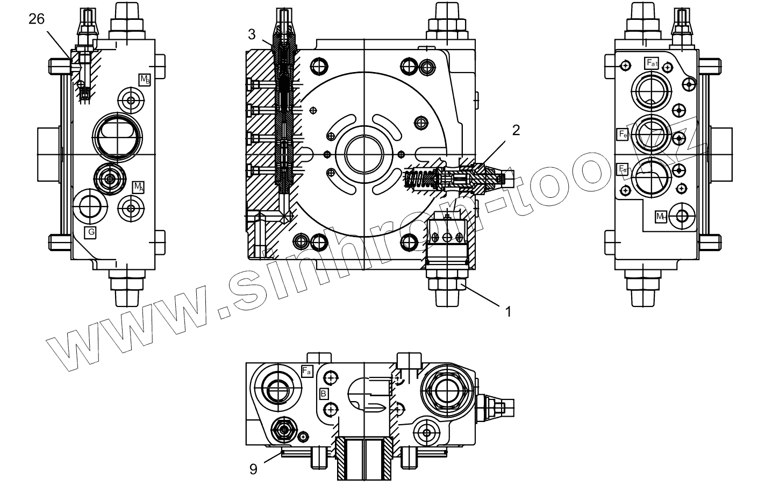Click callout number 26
(x=37, y=19)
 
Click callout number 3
(x=252, y=35)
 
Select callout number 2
(x=516, y=130)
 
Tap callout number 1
(x=506, y=310)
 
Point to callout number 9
(x=253, y=469)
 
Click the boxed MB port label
(x=145, y=79)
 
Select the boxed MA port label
(x=139, y=187)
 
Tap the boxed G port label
(x=91, y=232)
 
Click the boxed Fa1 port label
(x=652, y=63)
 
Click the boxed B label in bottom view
(x=324, y=394)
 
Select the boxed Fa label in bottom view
(x=307, y=371)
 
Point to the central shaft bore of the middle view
(x=363, y=152)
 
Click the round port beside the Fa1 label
(x=651, y=91)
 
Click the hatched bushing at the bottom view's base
(x=364, y=459)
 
